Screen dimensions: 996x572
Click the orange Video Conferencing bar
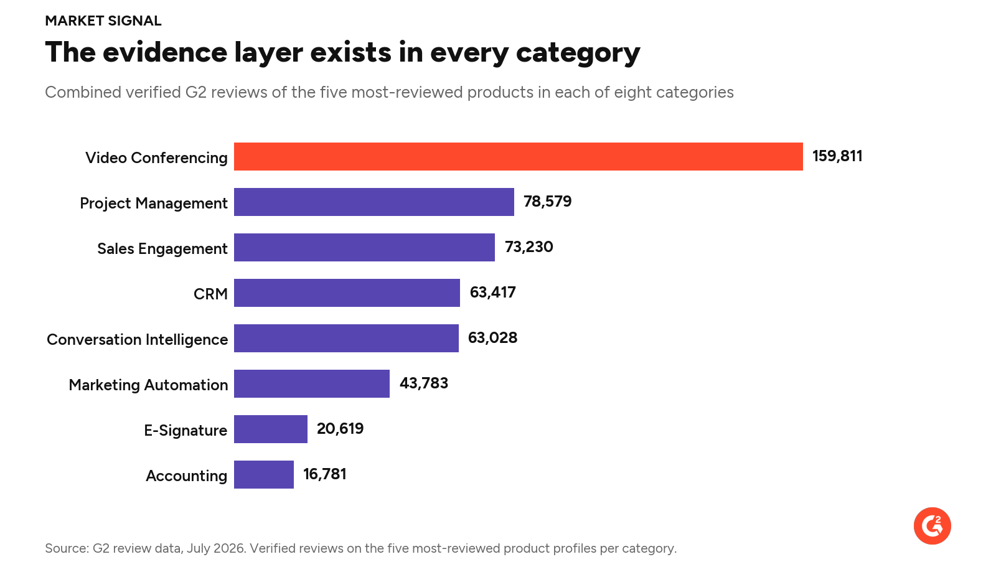pyautogui.click(x=519, y=156)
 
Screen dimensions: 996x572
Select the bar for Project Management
pyautogui.click(x=374, y=202)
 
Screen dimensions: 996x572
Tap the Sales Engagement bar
pyautogui.click(x=364, y=247)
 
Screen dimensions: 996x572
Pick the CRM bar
pyautogui.click(x=347, y=293)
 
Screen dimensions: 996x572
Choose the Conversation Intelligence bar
pyautogui.click(x=346, y=338)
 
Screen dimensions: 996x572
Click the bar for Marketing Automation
pyautogui.click(x=312, y=383)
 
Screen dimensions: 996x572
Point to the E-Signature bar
pyautogui.click(x=271, y=429)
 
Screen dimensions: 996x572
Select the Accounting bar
pyautogui.click(x=264, y=475)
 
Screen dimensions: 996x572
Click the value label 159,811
pyautogui.click(x=837, y=156)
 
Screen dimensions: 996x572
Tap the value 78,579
pyautogui.click(x=547, y=202)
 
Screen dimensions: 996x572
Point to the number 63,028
pyautogui.click(x=492, y=338)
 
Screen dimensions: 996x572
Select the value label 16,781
pyautogui.click(x=324, y=475)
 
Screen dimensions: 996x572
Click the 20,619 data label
pyautogui.click(x=340, y=429)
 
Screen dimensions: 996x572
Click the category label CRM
pyautogui.click(x=211, y=294)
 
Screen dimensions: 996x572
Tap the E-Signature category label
pyautogui.click(x=186, y=431)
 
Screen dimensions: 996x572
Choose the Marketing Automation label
pyautogui.click(x=148, y=385)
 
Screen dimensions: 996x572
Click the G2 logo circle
pyautogui.click(x=933, y=526)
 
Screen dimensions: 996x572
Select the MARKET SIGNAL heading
pyautogui.click(x=103, y=21)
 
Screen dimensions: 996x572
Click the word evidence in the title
pyautogui.click(x=165, y=52)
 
